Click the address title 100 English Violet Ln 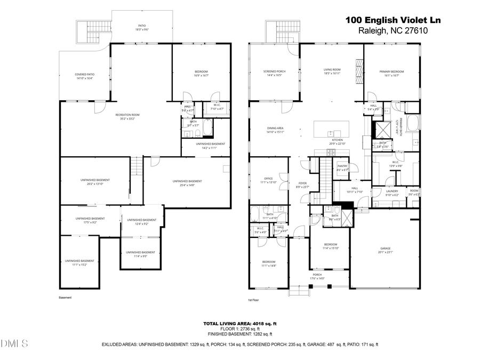[x=393, y=20]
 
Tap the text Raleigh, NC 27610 [x=393, y=31]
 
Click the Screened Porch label [x=274, y=73]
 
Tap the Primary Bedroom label [x=391, y=73]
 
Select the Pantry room [x=342, y=168]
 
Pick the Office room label [x=268, y=180]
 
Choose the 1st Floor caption [x=253, y=300]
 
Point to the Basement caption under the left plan [x=65, y=298]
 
